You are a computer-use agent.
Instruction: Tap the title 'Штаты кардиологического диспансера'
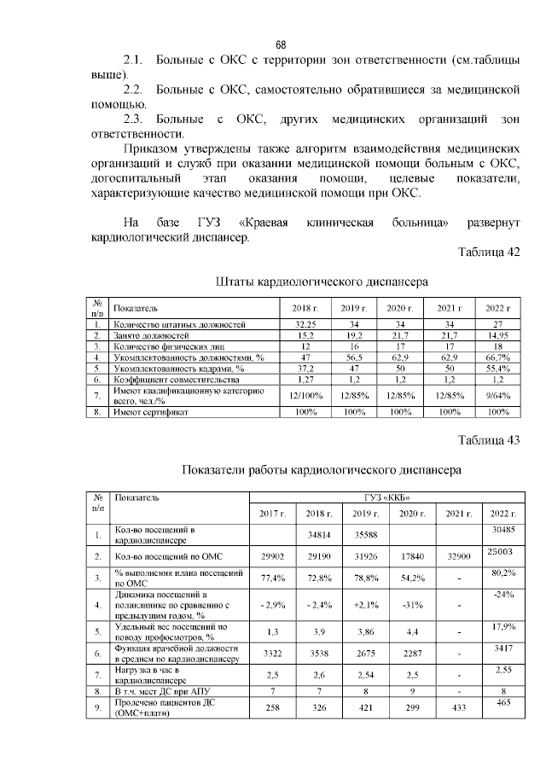point(322,281)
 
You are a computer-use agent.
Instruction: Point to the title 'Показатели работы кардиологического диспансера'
point(322,469)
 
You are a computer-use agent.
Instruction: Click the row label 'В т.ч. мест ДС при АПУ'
point(162,690)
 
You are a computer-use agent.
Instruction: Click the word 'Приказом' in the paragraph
point(155,149)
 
